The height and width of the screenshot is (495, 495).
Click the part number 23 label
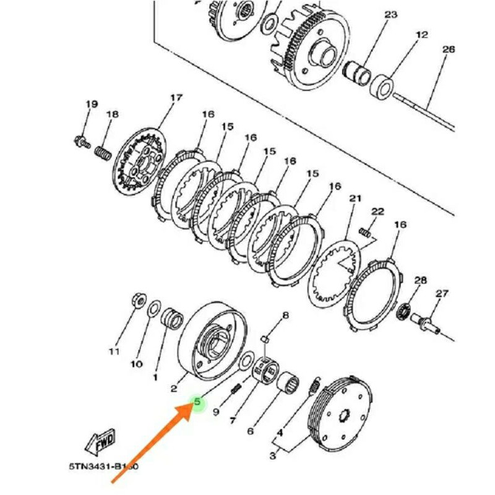[x=390, y=14]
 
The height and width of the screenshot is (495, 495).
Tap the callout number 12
[x=422, y=35]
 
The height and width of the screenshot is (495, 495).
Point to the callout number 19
[x=92, y=104]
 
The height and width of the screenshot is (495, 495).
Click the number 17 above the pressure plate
[x=176, y=98]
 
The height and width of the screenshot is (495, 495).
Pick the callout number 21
[x=355, y=199]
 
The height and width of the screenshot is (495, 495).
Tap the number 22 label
[x=378, y=212]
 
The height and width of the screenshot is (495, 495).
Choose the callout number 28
[x=420, y=280]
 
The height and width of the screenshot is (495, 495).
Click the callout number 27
[x=441, y=293]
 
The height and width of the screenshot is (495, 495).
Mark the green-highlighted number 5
[x=197, y=402]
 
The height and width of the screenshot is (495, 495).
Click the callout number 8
[x=285, y=316]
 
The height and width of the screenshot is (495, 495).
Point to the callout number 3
[x=273, y=457]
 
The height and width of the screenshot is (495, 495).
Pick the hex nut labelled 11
[x=137, y=301]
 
